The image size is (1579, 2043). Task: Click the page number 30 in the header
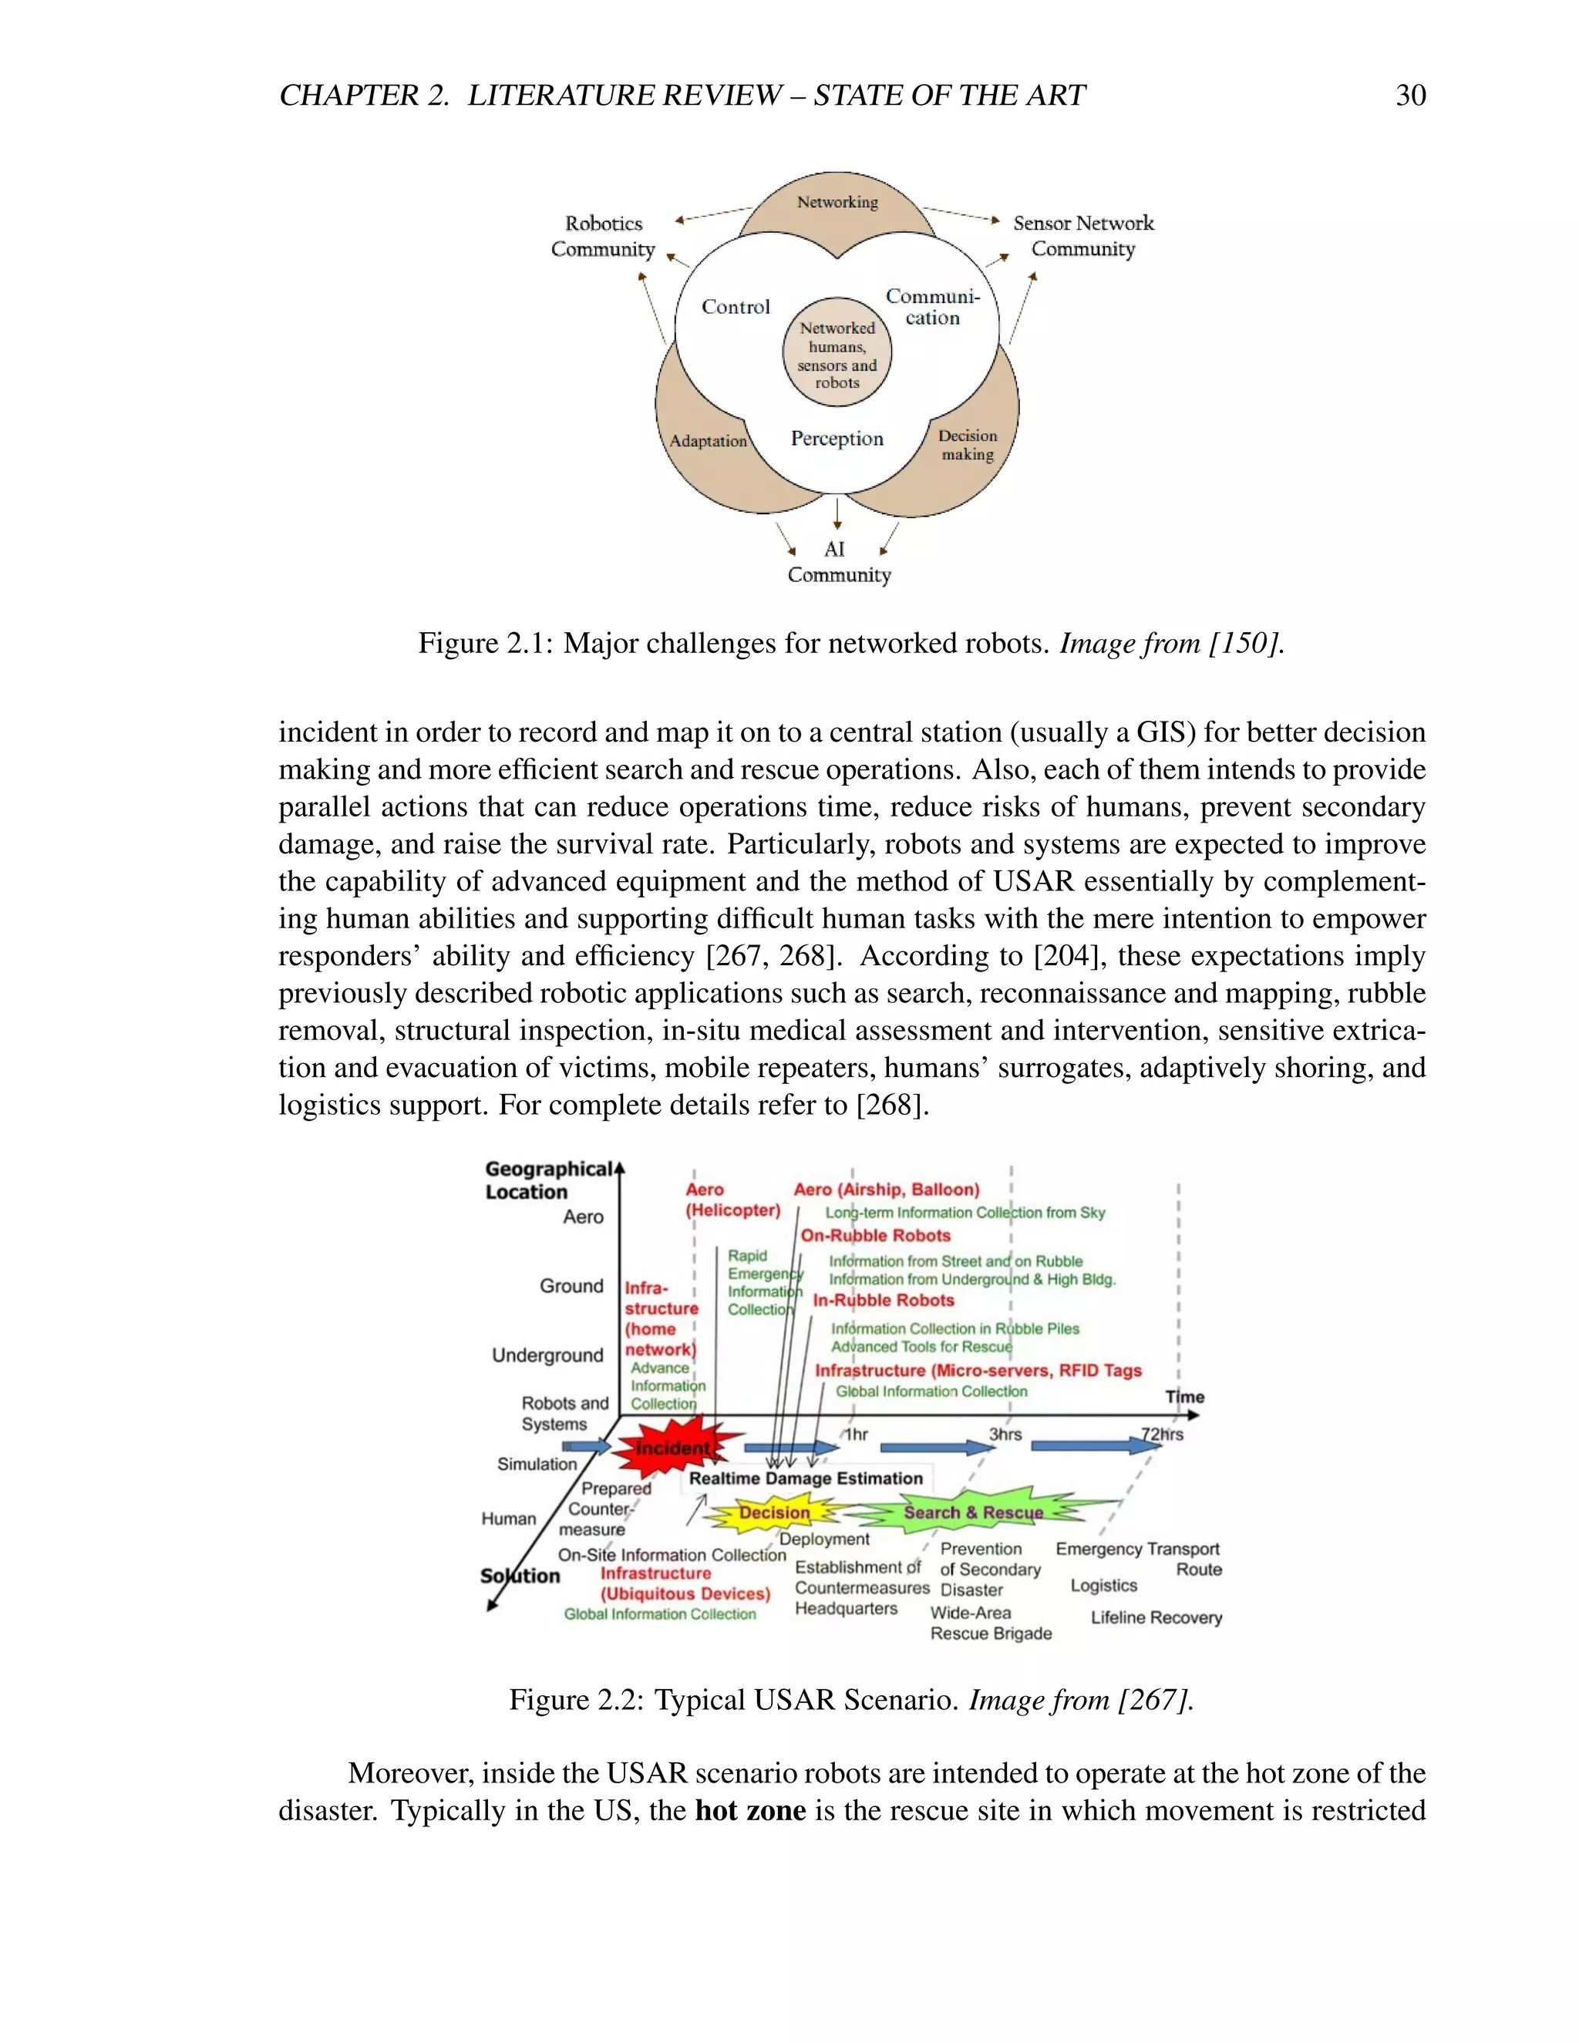tap(1409, 96)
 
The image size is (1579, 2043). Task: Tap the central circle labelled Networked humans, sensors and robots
tap(837, 355)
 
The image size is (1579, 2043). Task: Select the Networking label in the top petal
tap(837, 202)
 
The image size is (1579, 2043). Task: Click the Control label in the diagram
tap(736, 307)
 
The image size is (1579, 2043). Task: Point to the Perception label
tap(837, 439)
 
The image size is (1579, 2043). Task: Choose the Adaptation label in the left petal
tap(708, 440)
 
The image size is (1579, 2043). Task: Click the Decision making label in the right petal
tap(968, 446)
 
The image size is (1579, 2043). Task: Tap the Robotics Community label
tap(604, 237)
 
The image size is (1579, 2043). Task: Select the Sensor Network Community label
tap(1083, 236)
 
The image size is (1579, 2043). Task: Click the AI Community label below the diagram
tap(837, 562)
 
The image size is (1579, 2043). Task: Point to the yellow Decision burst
tap(775, 1513)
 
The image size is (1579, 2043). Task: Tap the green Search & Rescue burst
tap(973, 1513)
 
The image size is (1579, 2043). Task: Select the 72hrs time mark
tap(1162, 1434)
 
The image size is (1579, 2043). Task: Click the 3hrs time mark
tap(1005, 1434)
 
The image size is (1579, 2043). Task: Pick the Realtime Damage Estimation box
tap(806, 1478)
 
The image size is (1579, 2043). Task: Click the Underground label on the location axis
tap(547, 1355)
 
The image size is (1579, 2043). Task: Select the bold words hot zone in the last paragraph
tap(750, 1810)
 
